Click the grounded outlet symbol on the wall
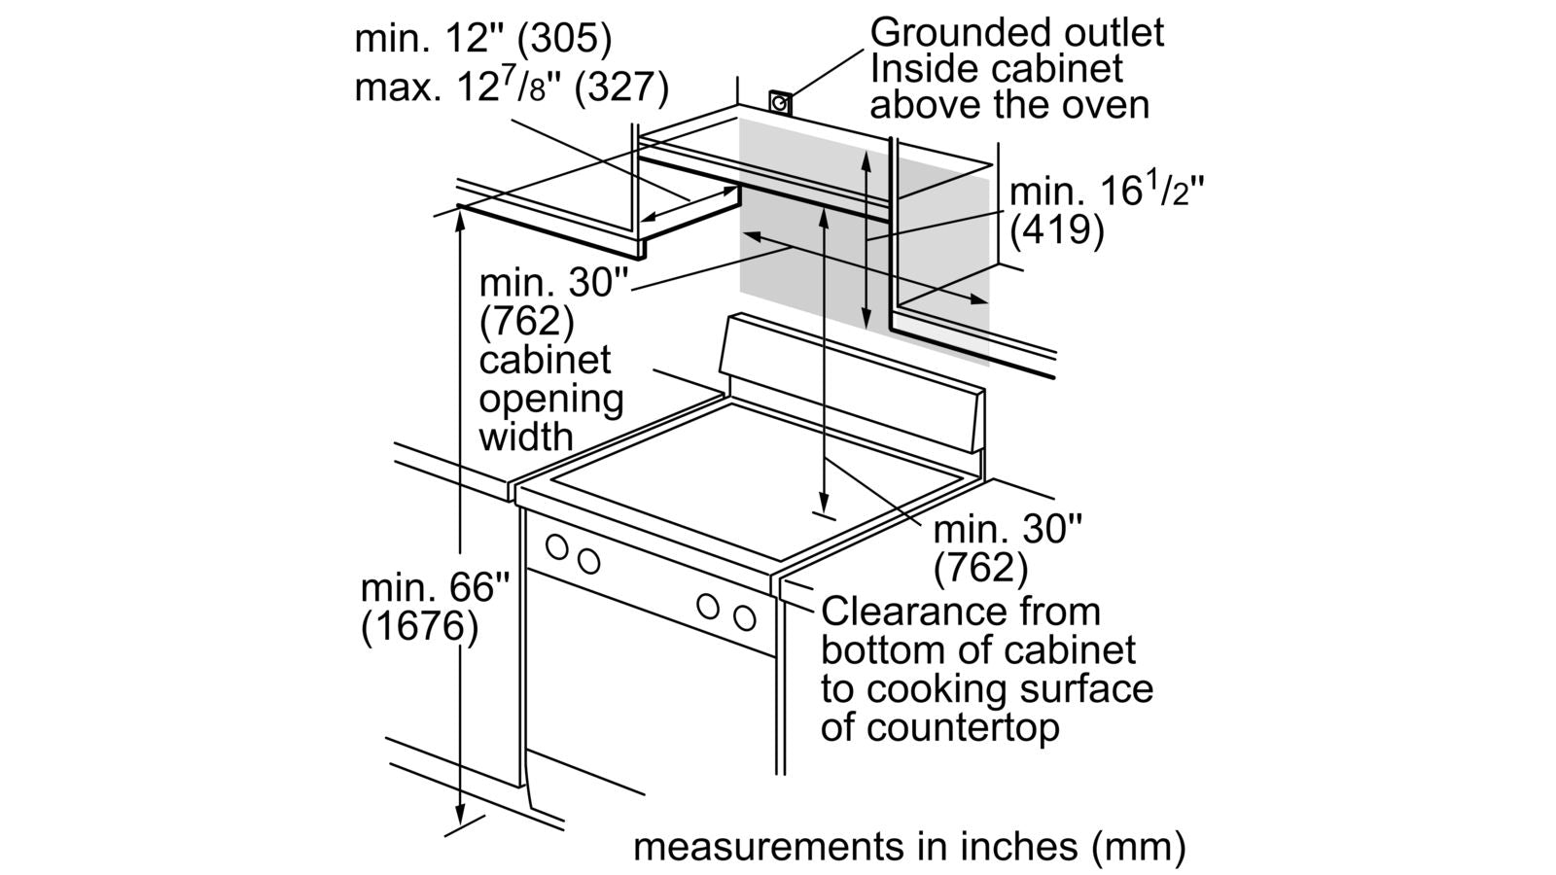780,101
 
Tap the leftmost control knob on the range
557,546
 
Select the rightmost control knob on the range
745,617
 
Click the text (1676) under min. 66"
419,627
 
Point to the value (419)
1057,230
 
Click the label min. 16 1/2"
1107,192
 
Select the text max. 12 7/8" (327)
512,87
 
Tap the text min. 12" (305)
483,39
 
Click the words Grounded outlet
1016,32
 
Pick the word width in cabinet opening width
526,437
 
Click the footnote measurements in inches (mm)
909,846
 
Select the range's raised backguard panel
851,384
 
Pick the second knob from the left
588,561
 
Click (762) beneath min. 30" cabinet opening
526,321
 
